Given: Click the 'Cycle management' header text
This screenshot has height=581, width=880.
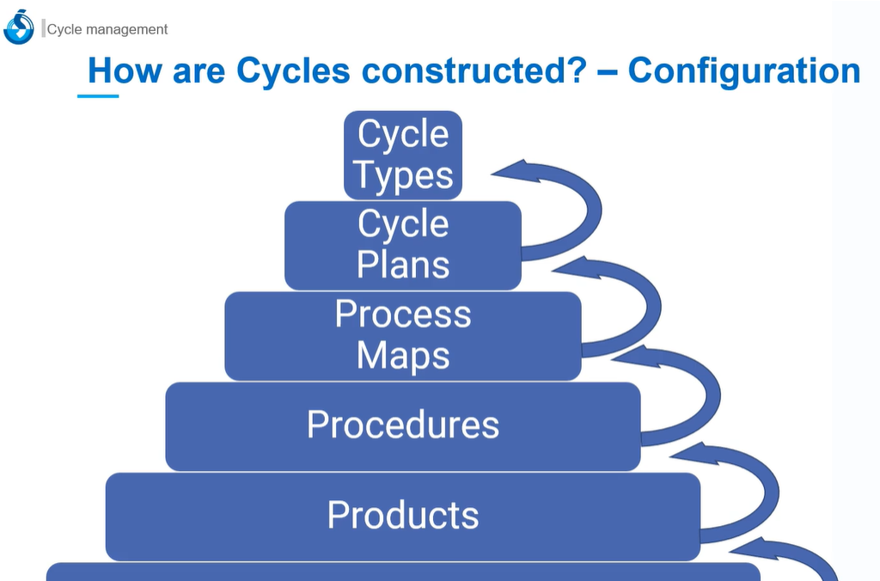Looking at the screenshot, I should click(107, 29).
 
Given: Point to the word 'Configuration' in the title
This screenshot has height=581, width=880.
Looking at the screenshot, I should click(744, 70).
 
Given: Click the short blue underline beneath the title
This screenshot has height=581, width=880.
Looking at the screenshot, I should click(98, 96).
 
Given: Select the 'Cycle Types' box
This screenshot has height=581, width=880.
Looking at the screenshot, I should click(403, 155).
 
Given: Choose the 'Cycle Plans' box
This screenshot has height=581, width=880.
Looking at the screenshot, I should click(403, 245).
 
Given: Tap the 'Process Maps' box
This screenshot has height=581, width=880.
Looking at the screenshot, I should click(403, 335).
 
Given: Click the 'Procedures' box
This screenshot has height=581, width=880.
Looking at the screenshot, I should click(403, 425).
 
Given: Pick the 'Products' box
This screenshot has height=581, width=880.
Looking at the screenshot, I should click(403, 516).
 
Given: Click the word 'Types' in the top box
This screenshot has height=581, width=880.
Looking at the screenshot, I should click(403, 176).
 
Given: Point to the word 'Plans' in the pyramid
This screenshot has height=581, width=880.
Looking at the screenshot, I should click(403, 266).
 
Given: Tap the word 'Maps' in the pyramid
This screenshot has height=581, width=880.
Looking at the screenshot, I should click(403, 356).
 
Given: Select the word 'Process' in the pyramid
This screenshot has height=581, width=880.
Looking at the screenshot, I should click(403, 314).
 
